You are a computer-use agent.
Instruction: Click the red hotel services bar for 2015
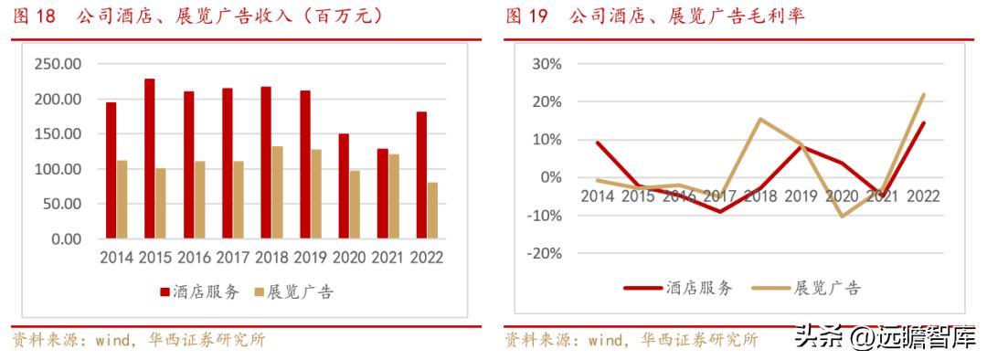point(149,159)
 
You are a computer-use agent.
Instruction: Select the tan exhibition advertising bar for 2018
point(278,192)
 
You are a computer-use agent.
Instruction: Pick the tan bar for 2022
point(432,210)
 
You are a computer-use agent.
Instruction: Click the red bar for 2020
point(344,186)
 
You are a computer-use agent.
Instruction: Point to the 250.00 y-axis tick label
point(58,64)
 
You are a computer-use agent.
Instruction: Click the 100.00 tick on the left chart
point(58,169)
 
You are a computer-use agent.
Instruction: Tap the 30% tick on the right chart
point(546,64)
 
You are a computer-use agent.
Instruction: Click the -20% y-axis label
point(542,253)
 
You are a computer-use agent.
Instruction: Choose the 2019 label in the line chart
point(801,196)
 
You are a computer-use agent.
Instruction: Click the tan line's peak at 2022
point(924,94)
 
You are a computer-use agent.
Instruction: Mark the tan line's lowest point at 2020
point(842,217)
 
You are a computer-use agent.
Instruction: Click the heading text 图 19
point(527,16)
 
